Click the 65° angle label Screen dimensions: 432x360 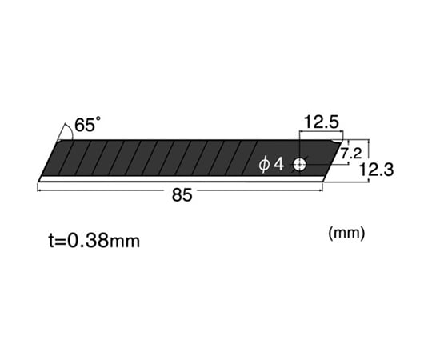[x=87, y=124]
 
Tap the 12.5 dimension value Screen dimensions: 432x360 [x=321, y=122]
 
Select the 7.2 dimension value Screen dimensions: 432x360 [x=351, y=153]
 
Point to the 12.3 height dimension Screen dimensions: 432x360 [x=377, y=169]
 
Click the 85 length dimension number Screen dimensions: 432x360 [x=182, y=195]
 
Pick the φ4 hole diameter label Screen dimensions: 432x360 [x=271, y=165]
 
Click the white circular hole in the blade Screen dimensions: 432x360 [x=299, y=165]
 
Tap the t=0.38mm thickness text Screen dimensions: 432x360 [x=94, y=241]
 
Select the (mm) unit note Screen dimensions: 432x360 [x=346, y=233]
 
